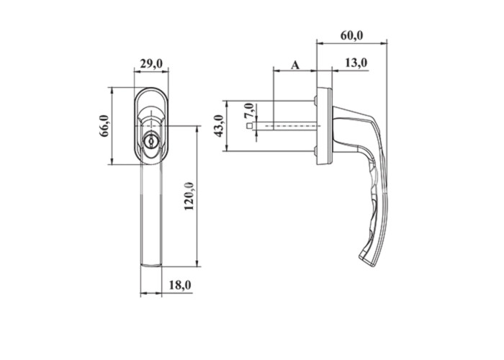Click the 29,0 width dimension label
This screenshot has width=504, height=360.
(152, 64)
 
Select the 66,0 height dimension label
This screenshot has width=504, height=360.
(105, 126)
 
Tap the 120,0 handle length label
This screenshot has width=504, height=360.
(189, 196)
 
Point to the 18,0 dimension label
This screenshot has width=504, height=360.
(180, 285)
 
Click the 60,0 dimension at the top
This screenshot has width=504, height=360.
(351, 35)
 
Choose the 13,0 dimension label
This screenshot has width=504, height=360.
(356, 63)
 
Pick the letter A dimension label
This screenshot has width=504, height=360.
(295, 66)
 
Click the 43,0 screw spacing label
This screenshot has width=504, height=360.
(220, 126)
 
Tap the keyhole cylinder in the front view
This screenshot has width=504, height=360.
(150, 141)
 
